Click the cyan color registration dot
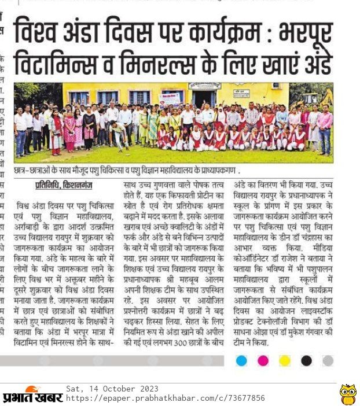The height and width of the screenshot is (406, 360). (241, 361)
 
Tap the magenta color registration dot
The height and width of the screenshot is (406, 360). (263, 361)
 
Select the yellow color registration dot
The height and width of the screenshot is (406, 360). (285, 361)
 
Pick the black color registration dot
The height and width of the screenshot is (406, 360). (306, 361)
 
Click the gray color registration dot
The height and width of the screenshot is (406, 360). (328, 361)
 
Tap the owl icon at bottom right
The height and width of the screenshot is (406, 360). (347, 394)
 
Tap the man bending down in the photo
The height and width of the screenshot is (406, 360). (120, 135)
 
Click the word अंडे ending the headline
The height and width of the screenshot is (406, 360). (317, 62)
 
